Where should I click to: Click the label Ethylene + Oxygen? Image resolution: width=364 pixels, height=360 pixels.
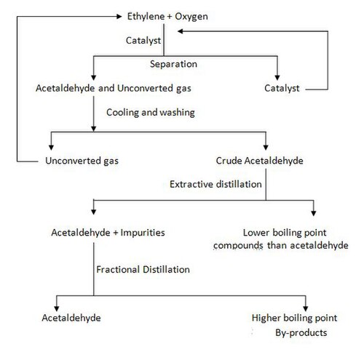tap(167, 17)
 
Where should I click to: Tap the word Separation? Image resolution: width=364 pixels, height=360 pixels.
tap(173, 64)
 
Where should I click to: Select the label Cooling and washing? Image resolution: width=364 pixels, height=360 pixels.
tap(151, 113)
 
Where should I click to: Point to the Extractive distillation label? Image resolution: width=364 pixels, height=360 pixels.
tap(215, 184)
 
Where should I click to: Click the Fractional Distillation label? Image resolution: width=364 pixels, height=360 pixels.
tap(143, 270)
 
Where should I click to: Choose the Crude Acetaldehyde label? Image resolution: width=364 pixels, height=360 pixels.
tap(259, 161)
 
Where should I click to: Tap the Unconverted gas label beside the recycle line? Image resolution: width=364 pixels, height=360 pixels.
tap(82, 161)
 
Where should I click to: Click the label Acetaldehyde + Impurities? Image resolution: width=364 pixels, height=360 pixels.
tap(108, 233)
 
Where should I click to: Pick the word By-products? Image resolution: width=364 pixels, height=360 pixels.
tap(301, 333)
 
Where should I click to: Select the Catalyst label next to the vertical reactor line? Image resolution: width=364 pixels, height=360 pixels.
tap(143, 41)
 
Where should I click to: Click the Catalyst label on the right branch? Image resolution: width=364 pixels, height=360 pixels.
tap(282, 89)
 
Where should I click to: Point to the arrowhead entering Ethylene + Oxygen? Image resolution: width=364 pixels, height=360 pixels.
tap(119, 17)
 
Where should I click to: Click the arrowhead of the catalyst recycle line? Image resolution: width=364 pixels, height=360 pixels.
tap(180, 31)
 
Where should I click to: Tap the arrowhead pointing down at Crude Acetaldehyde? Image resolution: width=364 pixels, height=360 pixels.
tap(266, 148)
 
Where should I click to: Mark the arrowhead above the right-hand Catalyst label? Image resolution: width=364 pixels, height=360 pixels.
tap(277, 78)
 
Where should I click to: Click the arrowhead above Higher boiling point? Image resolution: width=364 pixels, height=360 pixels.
tap(306, 308)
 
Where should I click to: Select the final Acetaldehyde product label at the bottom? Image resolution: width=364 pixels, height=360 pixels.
tap(71, 318)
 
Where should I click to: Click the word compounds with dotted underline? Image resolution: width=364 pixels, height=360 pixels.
tap(238, 246)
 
